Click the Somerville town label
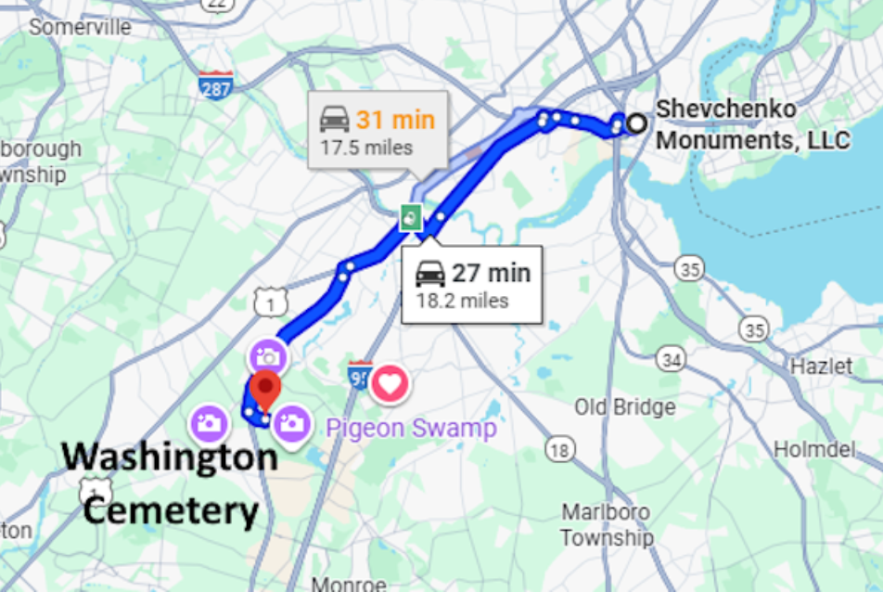pos(80,27)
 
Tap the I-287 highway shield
pos(215,86)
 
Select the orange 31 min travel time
pos(395,120)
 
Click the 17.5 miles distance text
pos(366,148)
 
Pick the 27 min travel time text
pos(491,273)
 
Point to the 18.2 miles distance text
pos(462,301)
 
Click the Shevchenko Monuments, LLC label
pos(752,125)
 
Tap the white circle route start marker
pos(635,122)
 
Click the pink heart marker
pos(390,382)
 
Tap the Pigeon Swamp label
pos(411,428)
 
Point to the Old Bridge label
pos(624,407)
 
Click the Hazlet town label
pos(821,367)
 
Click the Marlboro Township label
pos(607,525)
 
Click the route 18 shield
pos(558,451)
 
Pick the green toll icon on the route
pos(411,219)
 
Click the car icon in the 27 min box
pos(430,273)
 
